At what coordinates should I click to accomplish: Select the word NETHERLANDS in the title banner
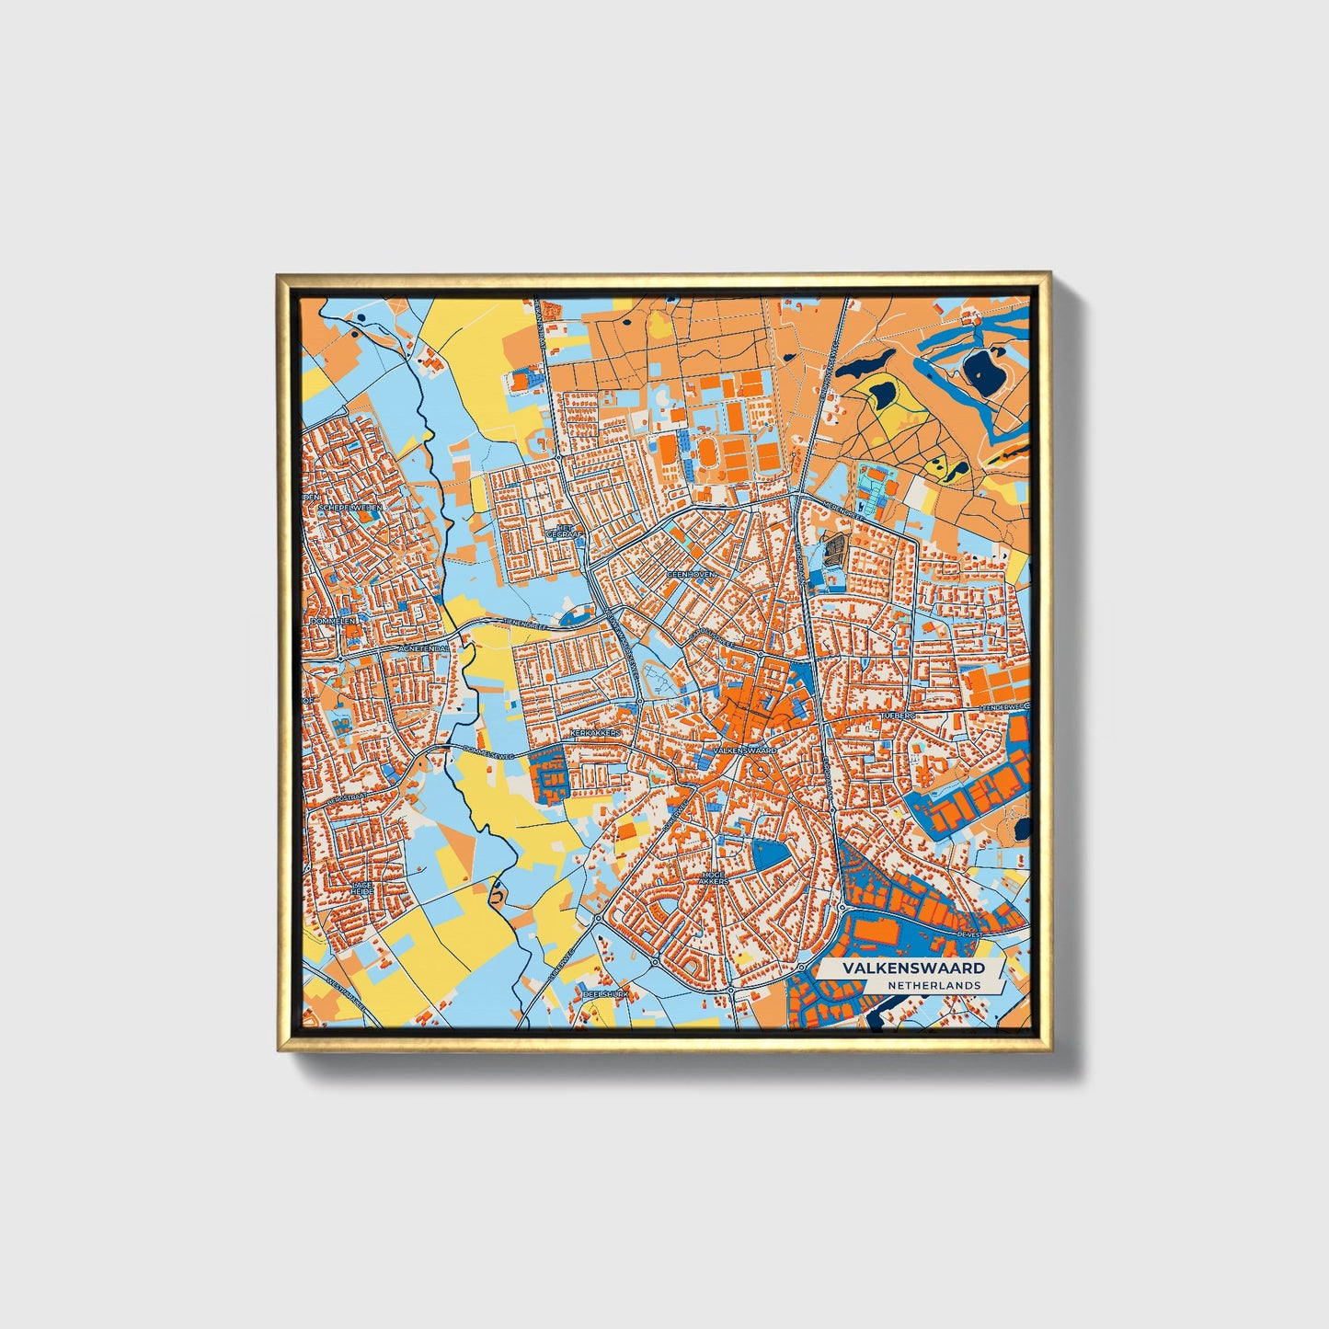[934, 985]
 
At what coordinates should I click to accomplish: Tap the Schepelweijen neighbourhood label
[349, 507]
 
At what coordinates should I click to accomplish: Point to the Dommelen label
[333, 621]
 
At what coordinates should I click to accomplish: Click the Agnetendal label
[423, 648]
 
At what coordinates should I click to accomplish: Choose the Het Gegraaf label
[558, 531]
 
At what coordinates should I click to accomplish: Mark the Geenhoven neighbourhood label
[691, 573]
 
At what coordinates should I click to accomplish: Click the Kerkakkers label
[597, 732]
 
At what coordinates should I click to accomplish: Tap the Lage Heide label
[361, 888]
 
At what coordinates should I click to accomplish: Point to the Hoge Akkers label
[714, 877]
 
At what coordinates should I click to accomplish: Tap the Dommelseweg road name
[488, 753]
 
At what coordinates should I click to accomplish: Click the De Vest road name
[970, 934]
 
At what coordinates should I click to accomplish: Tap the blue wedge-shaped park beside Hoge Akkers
[771, 855]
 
